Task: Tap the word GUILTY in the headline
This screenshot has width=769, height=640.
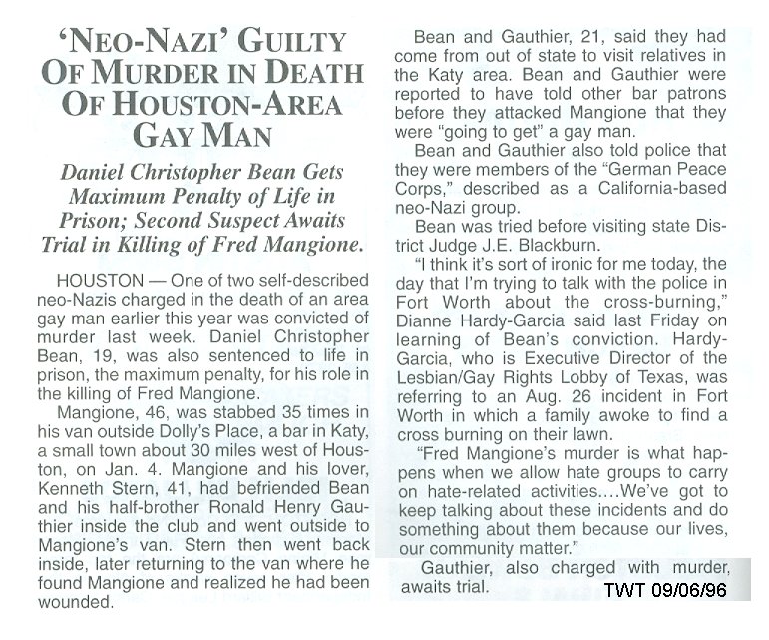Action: pos(295,43)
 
